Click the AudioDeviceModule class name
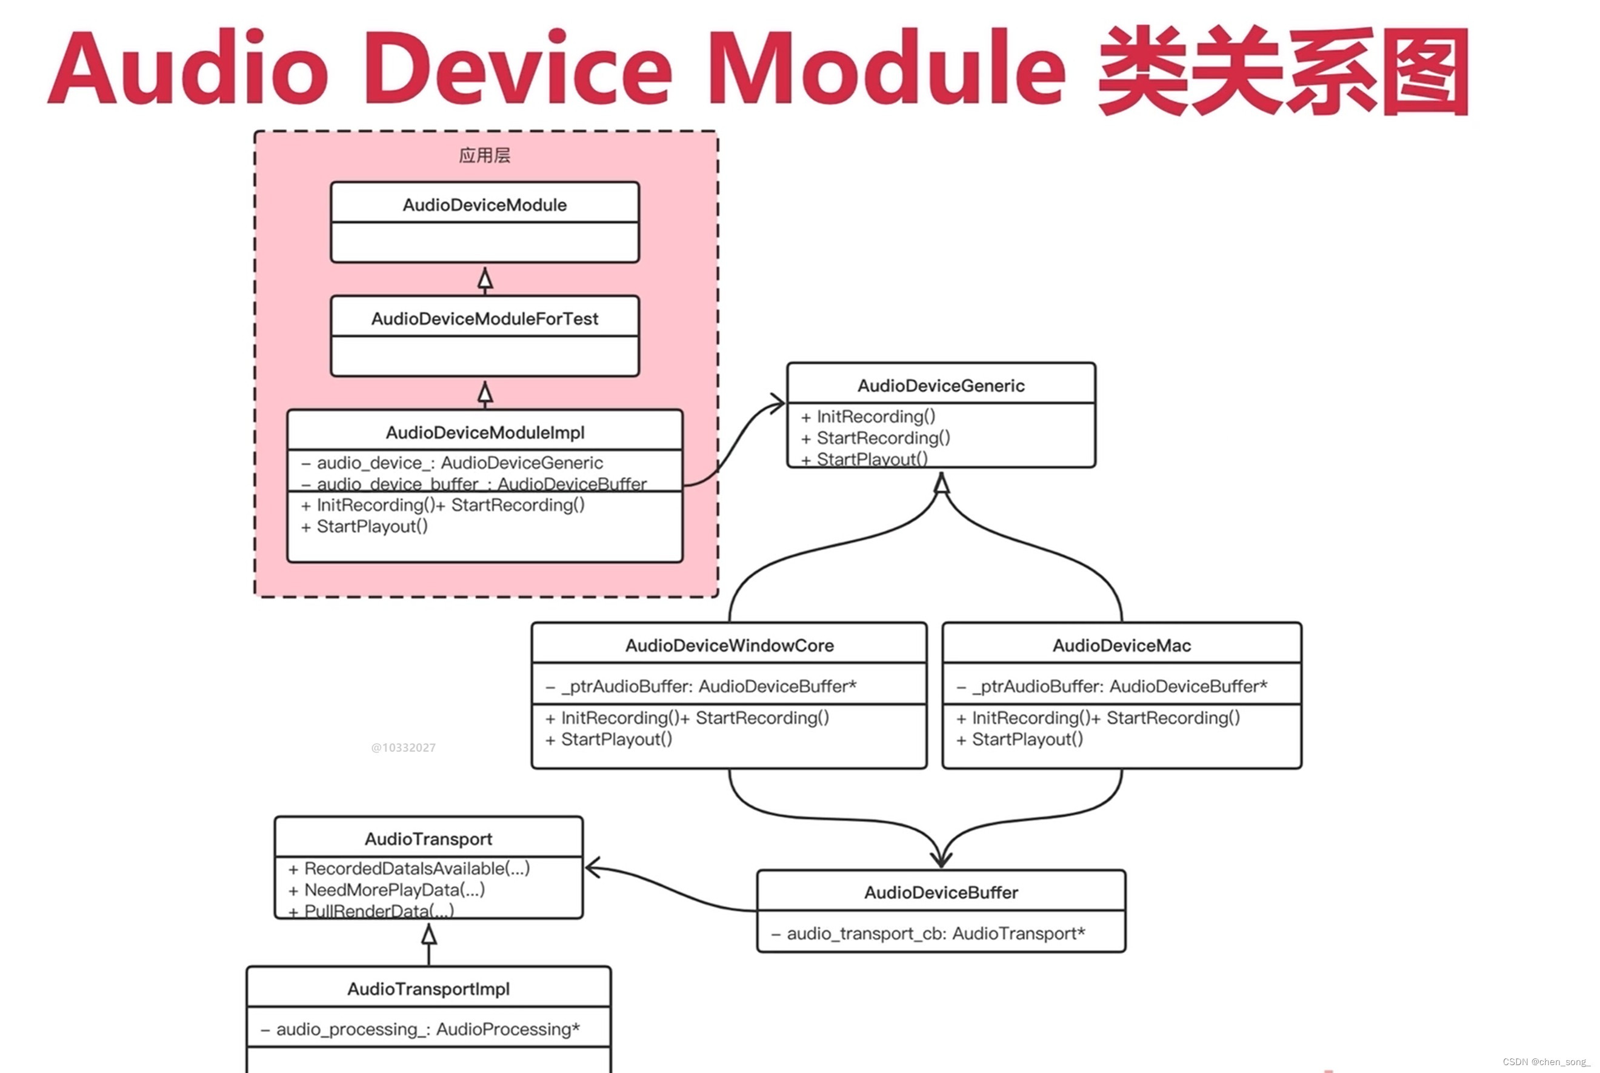tap(484, 205)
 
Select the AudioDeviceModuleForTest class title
tap(484, 318)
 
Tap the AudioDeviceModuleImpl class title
tap(484, 432)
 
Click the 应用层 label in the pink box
tap(484, 155)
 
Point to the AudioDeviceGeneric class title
tap(941, 386)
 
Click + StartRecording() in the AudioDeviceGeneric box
tap(882, 438)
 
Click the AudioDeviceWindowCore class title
tap(729, 645)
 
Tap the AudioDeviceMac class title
tap(1121, 645)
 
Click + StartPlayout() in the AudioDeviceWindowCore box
tap(616, 739)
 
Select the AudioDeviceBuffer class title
tap(941, 892)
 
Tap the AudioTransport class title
tap(428, 839)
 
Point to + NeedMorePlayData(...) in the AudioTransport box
tap(394, 889)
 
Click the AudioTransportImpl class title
tap(428, 989)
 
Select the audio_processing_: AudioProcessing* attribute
tap(427, 1029)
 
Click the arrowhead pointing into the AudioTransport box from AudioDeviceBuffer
tap(592, 867)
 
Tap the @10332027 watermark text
tap(403, 747)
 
